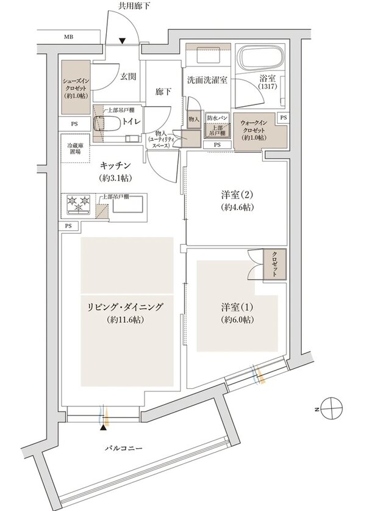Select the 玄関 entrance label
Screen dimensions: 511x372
[127, 76]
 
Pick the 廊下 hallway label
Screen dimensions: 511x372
[163, 92]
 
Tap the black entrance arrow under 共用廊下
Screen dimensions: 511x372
[123, 41]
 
